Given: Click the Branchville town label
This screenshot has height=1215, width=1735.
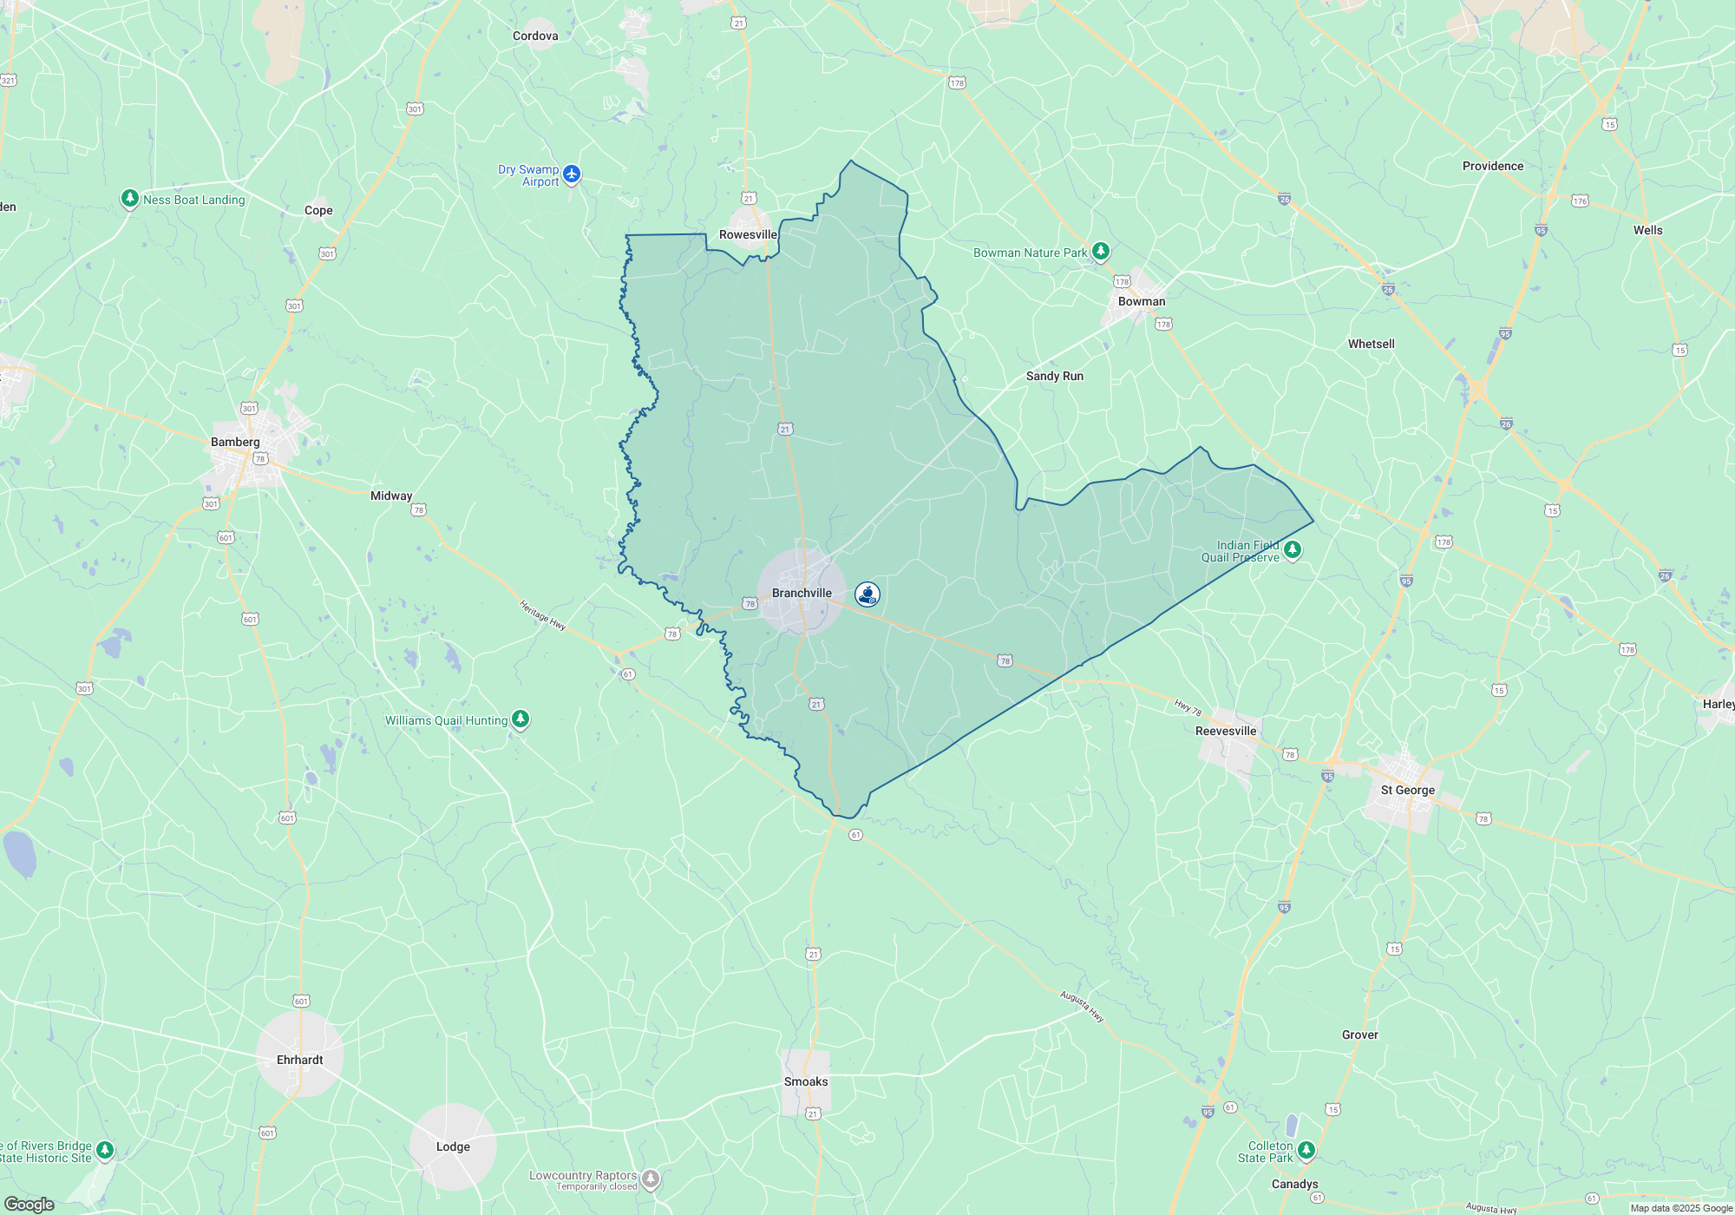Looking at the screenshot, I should coord(802,594).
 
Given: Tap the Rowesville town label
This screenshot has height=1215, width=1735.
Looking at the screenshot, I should coord(748,235).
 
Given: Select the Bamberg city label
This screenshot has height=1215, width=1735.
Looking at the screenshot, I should coord(235,443).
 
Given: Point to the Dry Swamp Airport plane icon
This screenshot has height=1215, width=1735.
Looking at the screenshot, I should coord(572,174).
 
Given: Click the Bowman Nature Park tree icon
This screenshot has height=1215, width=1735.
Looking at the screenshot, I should coord(1101,252).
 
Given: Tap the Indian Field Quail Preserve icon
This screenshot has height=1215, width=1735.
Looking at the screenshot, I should coord(1293,550).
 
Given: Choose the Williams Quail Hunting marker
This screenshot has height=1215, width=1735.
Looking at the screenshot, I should coord(520,719).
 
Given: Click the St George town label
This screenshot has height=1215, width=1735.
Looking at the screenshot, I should coord(1407,791).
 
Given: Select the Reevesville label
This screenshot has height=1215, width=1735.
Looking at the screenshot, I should coord(1226,732).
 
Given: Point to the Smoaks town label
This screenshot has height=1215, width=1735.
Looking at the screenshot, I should coord(806,1082).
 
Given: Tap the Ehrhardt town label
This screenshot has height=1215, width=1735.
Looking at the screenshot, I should coord(300,1061).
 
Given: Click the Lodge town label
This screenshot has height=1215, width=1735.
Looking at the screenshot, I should coord(453,1147).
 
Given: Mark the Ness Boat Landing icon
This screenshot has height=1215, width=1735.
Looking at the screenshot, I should coord(130,200).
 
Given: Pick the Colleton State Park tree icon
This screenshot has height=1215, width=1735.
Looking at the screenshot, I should coord(1306,1151).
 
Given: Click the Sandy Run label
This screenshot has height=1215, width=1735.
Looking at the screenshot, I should coord(1055,377).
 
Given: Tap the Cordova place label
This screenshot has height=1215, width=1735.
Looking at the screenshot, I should coord(535,36).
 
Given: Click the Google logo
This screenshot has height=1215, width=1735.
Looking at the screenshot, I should coord(29,1205).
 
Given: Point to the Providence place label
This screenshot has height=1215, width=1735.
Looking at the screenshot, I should coord(1493,167).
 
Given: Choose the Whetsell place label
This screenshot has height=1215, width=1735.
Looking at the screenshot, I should coord(1372,345).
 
